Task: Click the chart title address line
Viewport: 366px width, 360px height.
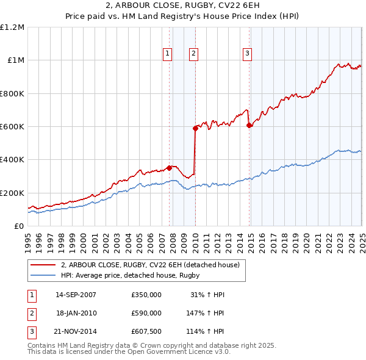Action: [182, 7]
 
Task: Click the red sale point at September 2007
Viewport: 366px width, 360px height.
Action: [169, 168]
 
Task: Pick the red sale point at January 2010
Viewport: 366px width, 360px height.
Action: [195, 128]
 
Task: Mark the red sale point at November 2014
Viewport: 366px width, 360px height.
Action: [249, 125]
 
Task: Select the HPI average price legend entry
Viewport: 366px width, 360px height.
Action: [130, 275]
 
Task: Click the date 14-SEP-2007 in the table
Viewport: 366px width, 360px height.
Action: [76, 295]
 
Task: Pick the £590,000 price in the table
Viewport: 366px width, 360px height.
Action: [146, 314]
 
